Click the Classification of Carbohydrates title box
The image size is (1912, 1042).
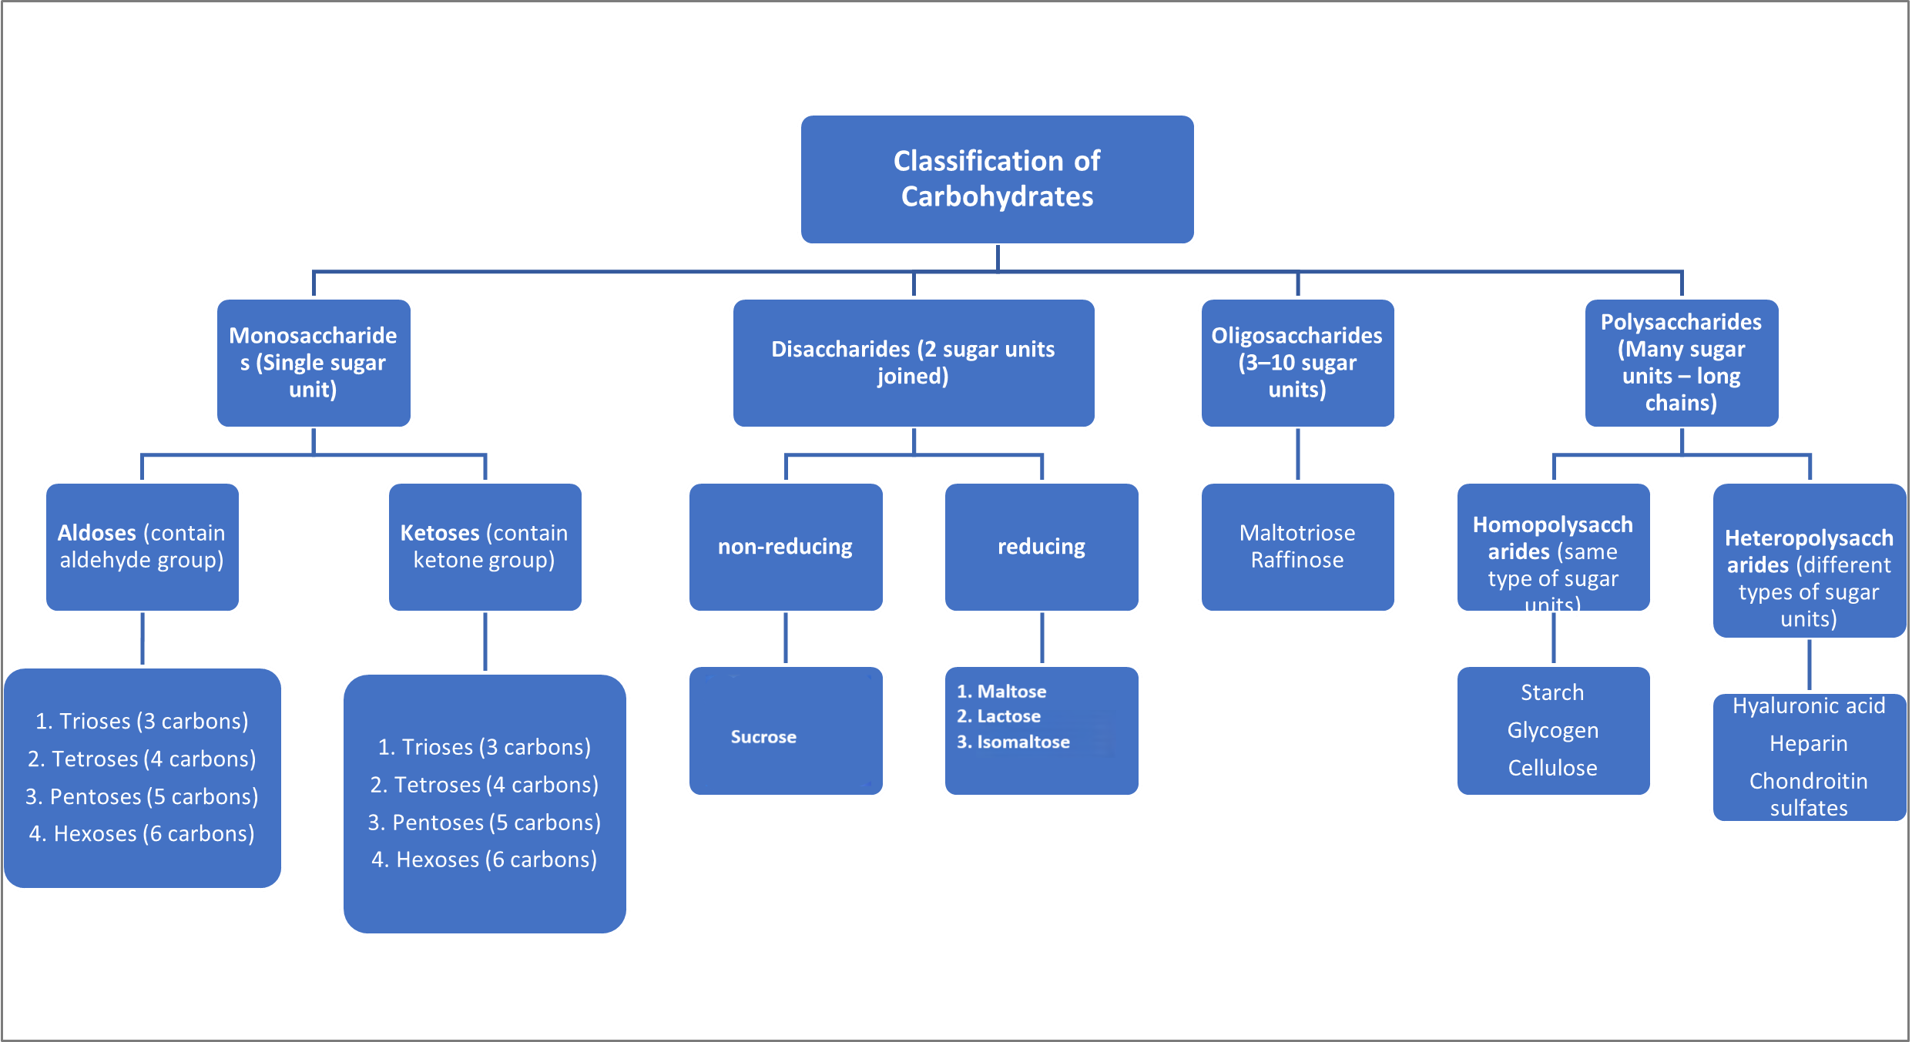tap(997, 179)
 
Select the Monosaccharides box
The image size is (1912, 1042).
tap(313, 363)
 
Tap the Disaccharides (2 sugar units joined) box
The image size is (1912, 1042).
tap(913, 363)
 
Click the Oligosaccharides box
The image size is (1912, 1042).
tap(1296, 363)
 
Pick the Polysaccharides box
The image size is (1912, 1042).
tap(1681, 363)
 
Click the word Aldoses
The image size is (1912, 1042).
tap(97, 533)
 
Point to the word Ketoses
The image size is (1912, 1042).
tap(440, 533)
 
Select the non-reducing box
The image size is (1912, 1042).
tap(785, 547)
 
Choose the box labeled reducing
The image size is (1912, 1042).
tap(1041, 547)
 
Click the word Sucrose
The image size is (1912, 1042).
tap(763, 737)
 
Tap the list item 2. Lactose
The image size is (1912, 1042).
tap(999, 716)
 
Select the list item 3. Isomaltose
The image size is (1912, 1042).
tap(1013, 742)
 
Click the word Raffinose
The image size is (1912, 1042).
tap(1296, 560)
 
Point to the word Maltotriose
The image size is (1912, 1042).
tap(1296, 533)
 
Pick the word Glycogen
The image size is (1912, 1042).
tap(1552, 730)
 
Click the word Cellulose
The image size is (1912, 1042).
tap(1552, 768)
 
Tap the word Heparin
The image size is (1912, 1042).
tap(1808, 744)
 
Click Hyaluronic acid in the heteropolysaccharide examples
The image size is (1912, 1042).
tap(1808, 705)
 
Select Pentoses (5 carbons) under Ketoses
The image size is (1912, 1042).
tap(485, 823)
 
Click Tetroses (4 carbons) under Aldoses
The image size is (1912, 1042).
tap(143, 759)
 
